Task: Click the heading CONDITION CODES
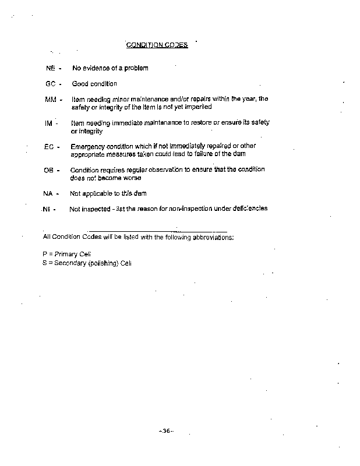tap(157, 45)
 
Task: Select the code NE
tap(50, 68)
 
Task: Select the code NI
tap(47, 209)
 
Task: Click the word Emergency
tap(87, 146)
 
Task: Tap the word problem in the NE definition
tap(136, 68)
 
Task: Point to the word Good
tap(80, 84)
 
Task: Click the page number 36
tap(166, 431)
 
